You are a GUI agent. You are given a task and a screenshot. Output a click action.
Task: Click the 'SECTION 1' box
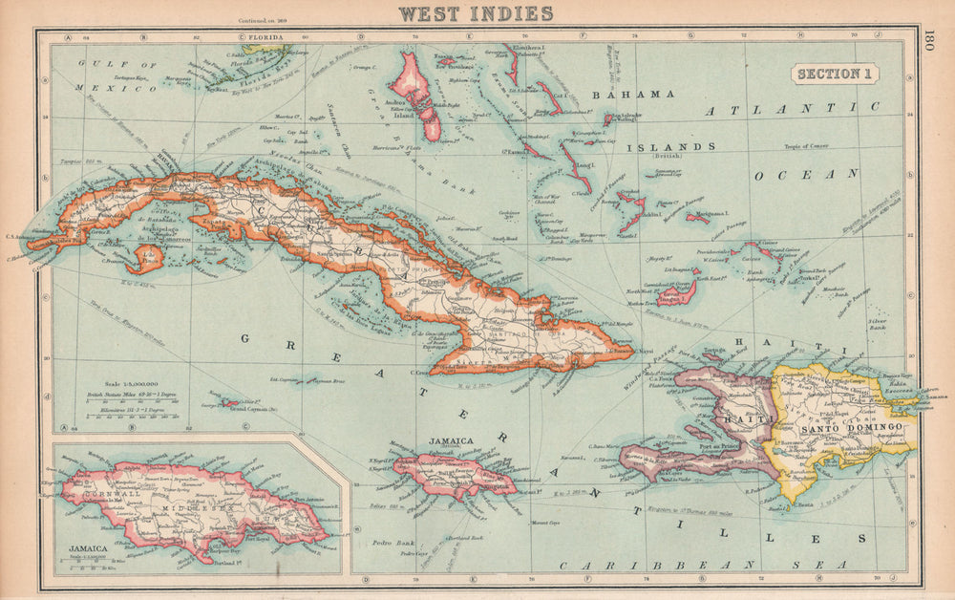point(834,75)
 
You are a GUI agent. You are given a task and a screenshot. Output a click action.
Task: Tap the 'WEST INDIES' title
point(477,12)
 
